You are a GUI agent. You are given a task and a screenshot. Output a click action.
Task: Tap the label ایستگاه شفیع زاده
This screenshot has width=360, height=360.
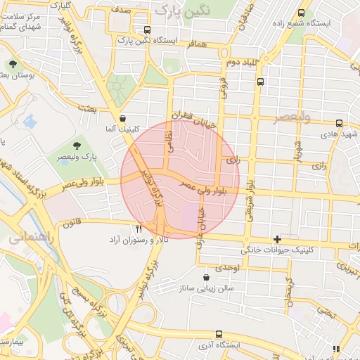[325, 22]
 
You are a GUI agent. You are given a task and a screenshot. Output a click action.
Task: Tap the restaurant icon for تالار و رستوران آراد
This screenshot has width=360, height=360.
[139, 229]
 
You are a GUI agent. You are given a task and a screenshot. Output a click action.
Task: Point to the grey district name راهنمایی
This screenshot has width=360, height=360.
[27, 238]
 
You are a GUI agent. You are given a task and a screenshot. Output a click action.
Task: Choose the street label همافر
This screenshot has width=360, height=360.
[197, 44]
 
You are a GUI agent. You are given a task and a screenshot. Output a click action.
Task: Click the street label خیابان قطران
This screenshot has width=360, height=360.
[194, 117]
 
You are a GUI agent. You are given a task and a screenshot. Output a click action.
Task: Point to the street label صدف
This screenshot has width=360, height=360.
[120, 11]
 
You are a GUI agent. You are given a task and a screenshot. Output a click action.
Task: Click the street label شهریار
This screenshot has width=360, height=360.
[298, 151]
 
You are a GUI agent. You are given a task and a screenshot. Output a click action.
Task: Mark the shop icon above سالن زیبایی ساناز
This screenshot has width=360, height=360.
[205, 277]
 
